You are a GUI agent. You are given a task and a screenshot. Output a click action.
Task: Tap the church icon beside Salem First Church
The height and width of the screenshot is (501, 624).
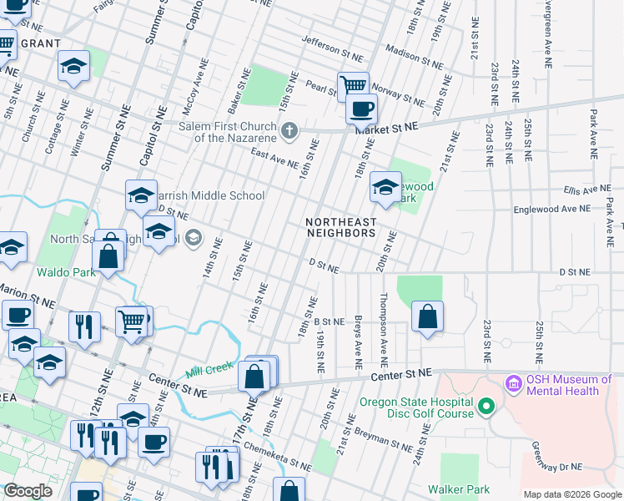pyautogui.click(x=290, y=129)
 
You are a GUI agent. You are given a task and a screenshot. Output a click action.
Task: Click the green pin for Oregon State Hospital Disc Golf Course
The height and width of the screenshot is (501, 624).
pyautogui.click(x=488, y=407)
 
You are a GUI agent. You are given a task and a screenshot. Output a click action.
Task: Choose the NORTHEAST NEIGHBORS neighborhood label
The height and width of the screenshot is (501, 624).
pyautogui.click(x=340, y=227)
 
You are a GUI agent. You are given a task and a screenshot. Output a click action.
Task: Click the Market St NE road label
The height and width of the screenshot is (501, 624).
pyautogui.click(x=385, y=128)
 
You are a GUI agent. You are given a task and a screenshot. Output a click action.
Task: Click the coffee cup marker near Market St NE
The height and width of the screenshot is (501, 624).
pyautogui.click(x=361, y=109)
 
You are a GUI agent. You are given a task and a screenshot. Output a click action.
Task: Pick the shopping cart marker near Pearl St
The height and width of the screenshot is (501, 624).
pyautogui.click(x=353, y=85)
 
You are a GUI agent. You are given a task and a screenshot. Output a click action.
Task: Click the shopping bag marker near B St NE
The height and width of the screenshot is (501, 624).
pyautogui.click(x=427, y=316)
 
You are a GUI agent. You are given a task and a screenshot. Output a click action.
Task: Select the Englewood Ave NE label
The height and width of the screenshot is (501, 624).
pyautogui.click(x=551, y=210)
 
